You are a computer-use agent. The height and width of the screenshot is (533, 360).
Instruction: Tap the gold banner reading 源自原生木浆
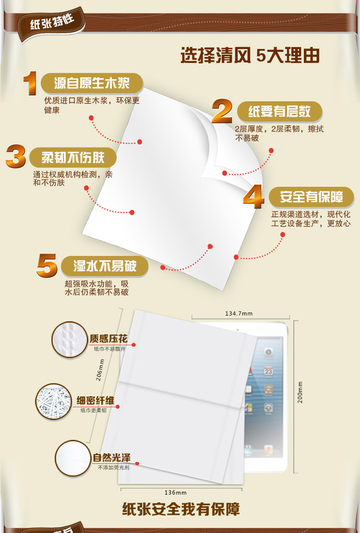point(92,84)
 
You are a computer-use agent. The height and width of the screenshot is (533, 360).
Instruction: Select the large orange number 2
point(222,112)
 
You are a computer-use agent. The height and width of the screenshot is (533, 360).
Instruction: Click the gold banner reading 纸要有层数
point(279,112)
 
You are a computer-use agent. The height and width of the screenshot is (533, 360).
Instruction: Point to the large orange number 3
point(16,157)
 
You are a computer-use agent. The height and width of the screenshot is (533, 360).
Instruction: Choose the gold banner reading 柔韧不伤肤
point(72,157)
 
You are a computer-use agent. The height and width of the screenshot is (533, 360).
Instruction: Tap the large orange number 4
point(253,197)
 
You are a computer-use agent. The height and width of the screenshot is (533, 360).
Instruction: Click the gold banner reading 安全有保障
point(312,197)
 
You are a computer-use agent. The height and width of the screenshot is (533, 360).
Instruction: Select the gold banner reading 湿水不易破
point(105,266)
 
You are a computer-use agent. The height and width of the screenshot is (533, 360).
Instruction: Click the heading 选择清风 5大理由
point(250,56)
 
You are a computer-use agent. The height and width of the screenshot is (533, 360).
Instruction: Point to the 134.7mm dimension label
point(239,314)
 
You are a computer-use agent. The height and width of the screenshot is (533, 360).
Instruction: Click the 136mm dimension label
point(175,493)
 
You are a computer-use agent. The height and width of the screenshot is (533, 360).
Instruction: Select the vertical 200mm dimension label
point(300,392)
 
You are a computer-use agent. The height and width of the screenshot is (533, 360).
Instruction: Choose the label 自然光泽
point(111,458)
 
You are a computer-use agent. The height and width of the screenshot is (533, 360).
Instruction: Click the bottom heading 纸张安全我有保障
point(181,509)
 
